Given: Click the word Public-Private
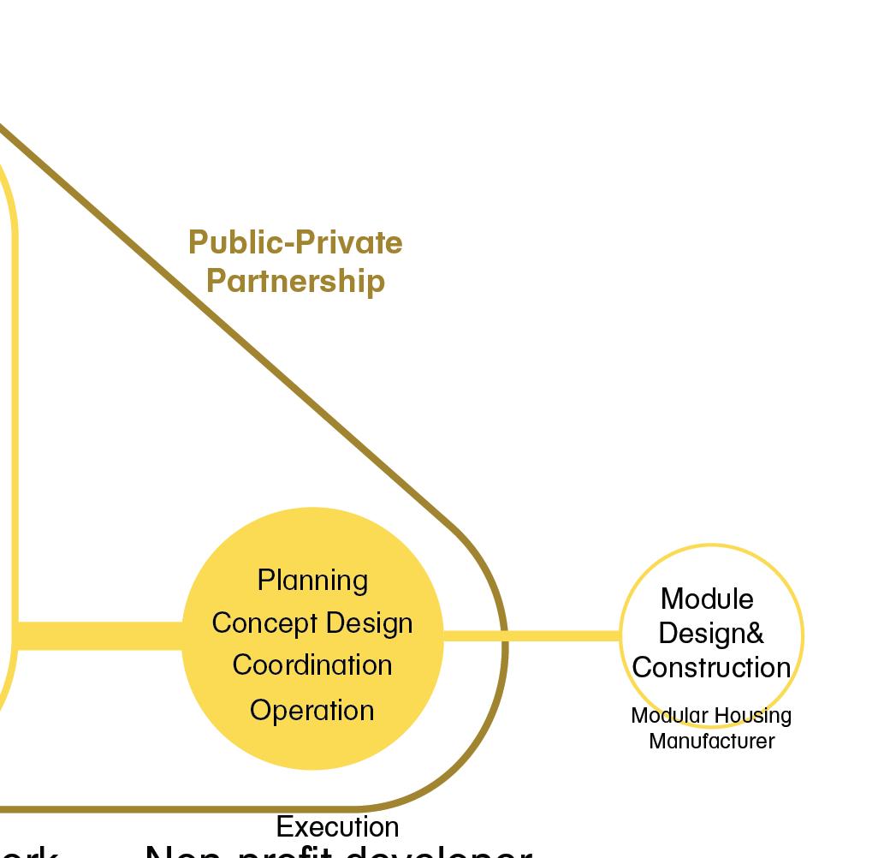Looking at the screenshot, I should click(x=295, y=243).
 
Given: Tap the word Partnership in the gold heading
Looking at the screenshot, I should click(x=295, y=281).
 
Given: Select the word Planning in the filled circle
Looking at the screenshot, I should click(x=312, y=581).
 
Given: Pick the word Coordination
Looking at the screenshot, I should click(x=312, y=665).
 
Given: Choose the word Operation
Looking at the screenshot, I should click(x=312, y=711).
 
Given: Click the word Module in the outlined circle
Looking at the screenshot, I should click(x=707, y=599).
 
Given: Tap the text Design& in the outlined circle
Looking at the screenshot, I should click(x=711, y=634).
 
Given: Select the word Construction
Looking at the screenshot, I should click(x=711, y=668).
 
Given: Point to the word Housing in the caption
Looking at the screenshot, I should click(x=753, y=716).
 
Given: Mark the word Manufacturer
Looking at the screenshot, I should click(x=711, y=742).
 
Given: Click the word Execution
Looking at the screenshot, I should click(x=337, y=827).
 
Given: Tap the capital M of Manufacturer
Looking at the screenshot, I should click(x=657, y=742).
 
